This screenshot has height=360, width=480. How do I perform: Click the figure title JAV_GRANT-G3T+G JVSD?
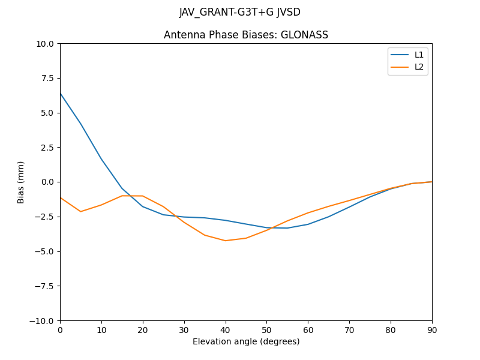coord(240,12)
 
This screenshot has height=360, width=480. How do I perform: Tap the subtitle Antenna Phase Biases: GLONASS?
coord(246,35)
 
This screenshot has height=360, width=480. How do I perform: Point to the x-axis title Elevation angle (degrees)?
coord(246,342)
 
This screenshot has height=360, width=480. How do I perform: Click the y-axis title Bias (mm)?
coord(21,182)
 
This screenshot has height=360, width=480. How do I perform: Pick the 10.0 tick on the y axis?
coord(46,43)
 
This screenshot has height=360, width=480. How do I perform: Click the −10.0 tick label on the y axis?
coord(43,320)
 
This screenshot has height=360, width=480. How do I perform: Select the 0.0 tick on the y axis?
coord(47,182)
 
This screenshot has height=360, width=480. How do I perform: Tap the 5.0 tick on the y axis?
coord(47,113)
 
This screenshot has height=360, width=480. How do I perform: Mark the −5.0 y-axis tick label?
coord(45,251)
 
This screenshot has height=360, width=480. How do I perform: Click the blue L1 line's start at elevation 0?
coord(60,93)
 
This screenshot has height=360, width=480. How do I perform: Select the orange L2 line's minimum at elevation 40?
coord(226,241)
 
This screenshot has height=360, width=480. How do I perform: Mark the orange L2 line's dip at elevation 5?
coord(80,211)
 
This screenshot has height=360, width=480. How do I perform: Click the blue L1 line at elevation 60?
coord(308,224)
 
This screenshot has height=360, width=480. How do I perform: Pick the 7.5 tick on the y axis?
coord(47,78)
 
